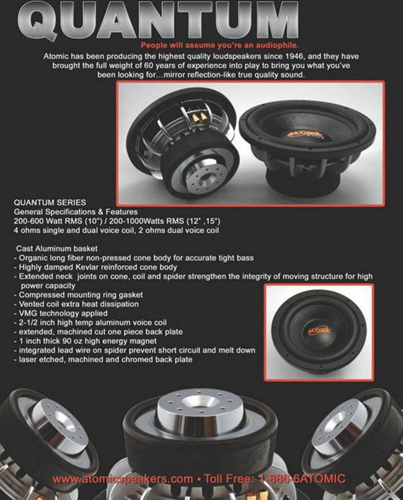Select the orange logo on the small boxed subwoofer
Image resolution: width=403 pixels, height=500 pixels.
pyautogui.click(x=319, y=330)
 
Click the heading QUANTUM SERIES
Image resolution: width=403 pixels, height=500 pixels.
pyautogui.click(x=50, y=203)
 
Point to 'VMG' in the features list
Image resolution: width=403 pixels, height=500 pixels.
pyautogui.click(x=28, y=314)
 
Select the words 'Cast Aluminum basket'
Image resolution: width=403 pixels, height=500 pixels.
pyautogui.click(x=57, y=248)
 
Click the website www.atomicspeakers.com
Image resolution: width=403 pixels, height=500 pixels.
pyautogui.click(x=123, y=479)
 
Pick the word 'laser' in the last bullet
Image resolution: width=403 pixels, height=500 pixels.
pyautogui.click(x=27, y=360)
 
